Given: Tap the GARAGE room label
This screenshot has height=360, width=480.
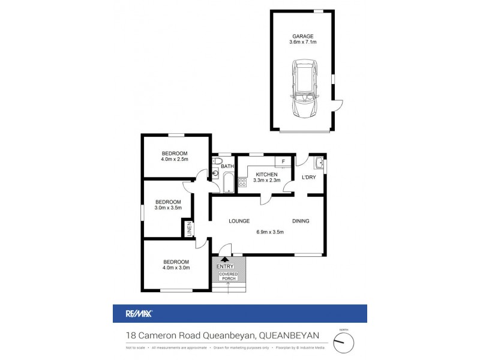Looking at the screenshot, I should click(x=303, y=36).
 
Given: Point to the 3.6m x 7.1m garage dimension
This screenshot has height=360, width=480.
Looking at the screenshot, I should click(x=303, y=43).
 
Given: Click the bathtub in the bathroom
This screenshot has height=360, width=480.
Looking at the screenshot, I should click(x=228, y=183).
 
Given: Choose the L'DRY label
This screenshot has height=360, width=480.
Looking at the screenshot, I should click(x=308, y=177).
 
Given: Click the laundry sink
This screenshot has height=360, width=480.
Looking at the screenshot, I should click(x=319, y=163).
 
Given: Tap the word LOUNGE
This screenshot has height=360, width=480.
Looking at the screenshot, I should click(x=239, y=221).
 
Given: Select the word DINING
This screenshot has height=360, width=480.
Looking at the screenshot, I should click(x=301, y=221).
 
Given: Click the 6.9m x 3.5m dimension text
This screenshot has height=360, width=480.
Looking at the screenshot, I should click(x=269, y=232).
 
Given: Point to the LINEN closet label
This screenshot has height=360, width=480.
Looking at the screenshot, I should click(x=189, y=229).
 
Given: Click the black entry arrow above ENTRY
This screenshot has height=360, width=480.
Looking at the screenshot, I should click(x=224, y=259).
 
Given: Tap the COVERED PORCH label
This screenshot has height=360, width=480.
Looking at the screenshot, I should click(x=228, y=277).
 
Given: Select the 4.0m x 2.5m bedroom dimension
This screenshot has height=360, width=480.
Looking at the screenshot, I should click(x=175, y=160).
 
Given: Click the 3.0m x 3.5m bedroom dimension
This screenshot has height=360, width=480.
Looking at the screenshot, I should click(x=168, y=208).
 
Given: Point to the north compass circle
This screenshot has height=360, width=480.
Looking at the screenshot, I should click(x=344, y=342).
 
